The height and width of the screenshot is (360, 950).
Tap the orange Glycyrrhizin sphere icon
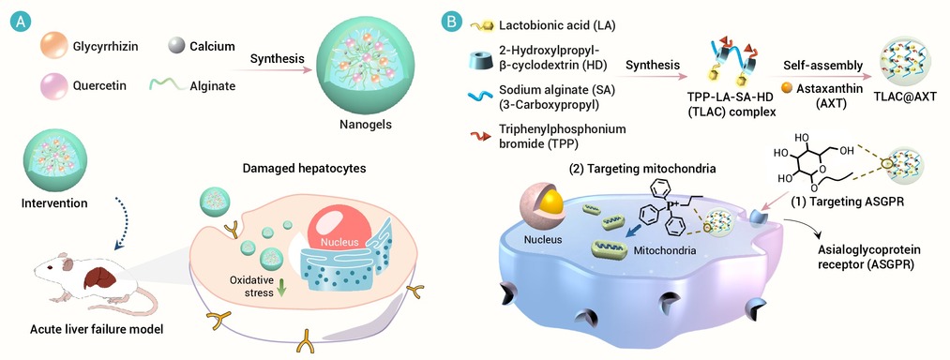pyautogui.click(x=53, y=46)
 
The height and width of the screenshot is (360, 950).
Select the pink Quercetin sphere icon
pyautogui.click(x=53, y=85)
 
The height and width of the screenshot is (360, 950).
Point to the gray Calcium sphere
pyautogui.click(x=175, y=45)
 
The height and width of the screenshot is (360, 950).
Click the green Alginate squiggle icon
pyautogui.click(x=172, y=85)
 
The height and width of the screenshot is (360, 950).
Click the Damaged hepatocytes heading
pyautogui.click(x=304, y=169)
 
